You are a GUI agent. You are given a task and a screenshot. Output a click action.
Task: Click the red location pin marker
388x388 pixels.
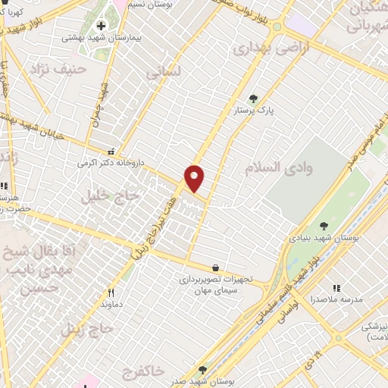click(195, 177)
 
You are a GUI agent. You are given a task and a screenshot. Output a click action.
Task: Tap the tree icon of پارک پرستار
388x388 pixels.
click(253, 98)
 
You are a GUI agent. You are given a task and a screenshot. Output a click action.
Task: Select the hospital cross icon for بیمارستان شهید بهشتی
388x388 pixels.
click(100, 26)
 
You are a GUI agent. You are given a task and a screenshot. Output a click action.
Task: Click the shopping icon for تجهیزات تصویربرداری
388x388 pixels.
click(217, 267)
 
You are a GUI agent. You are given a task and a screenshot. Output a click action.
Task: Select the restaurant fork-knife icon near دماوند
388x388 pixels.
click(111, 293)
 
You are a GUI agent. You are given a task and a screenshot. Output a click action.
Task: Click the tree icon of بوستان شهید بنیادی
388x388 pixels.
click(324, 226)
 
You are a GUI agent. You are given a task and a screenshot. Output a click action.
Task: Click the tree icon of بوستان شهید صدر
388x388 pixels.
click(202, 369)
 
